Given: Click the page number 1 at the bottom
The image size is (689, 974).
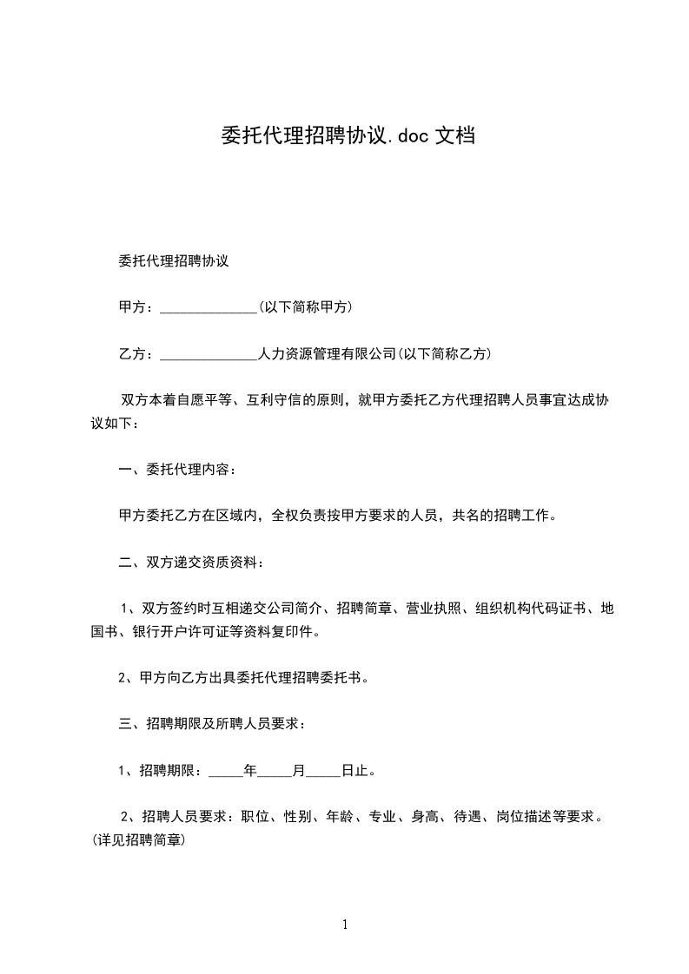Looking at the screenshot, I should click(x=345, y=925).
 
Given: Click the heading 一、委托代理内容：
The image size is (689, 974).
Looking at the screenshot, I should click(x=176, y=471).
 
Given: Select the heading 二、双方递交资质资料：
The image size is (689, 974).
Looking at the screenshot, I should click(x=190, y=563).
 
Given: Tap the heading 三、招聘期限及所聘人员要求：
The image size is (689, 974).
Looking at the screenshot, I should click(x=211, y=722).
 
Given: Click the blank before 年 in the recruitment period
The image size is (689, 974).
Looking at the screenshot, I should click(x=227, y=769).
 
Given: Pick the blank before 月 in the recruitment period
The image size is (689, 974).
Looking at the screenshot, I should click(x=275, y=769).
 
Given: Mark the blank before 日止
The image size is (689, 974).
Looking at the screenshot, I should click(x=323, y=769).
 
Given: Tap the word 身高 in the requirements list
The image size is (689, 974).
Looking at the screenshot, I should click(x=424, y=816).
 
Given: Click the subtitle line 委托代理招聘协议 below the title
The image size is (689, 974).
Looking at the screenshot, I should click(x=174, y=260).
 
